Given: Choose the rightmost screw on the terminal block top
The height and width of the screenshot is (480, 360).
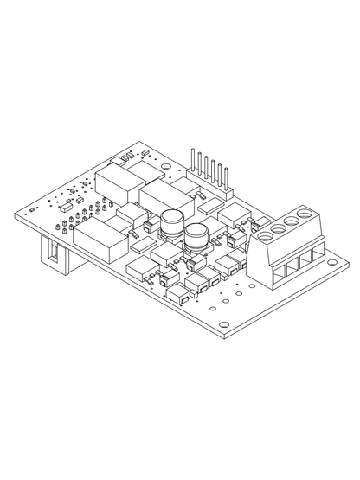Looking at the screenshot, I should click(x=305, y=211).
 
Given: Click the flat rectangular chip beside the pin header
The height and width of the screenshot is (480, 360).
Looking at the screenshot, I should click(x=211, y=206).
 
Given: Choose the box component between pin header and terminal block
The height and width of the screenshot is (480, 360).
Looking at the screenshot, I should click(x=234, y=214).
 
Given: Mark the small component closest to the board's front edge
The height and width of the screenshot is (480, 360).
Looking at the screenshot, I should click(x=179, y=297).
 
